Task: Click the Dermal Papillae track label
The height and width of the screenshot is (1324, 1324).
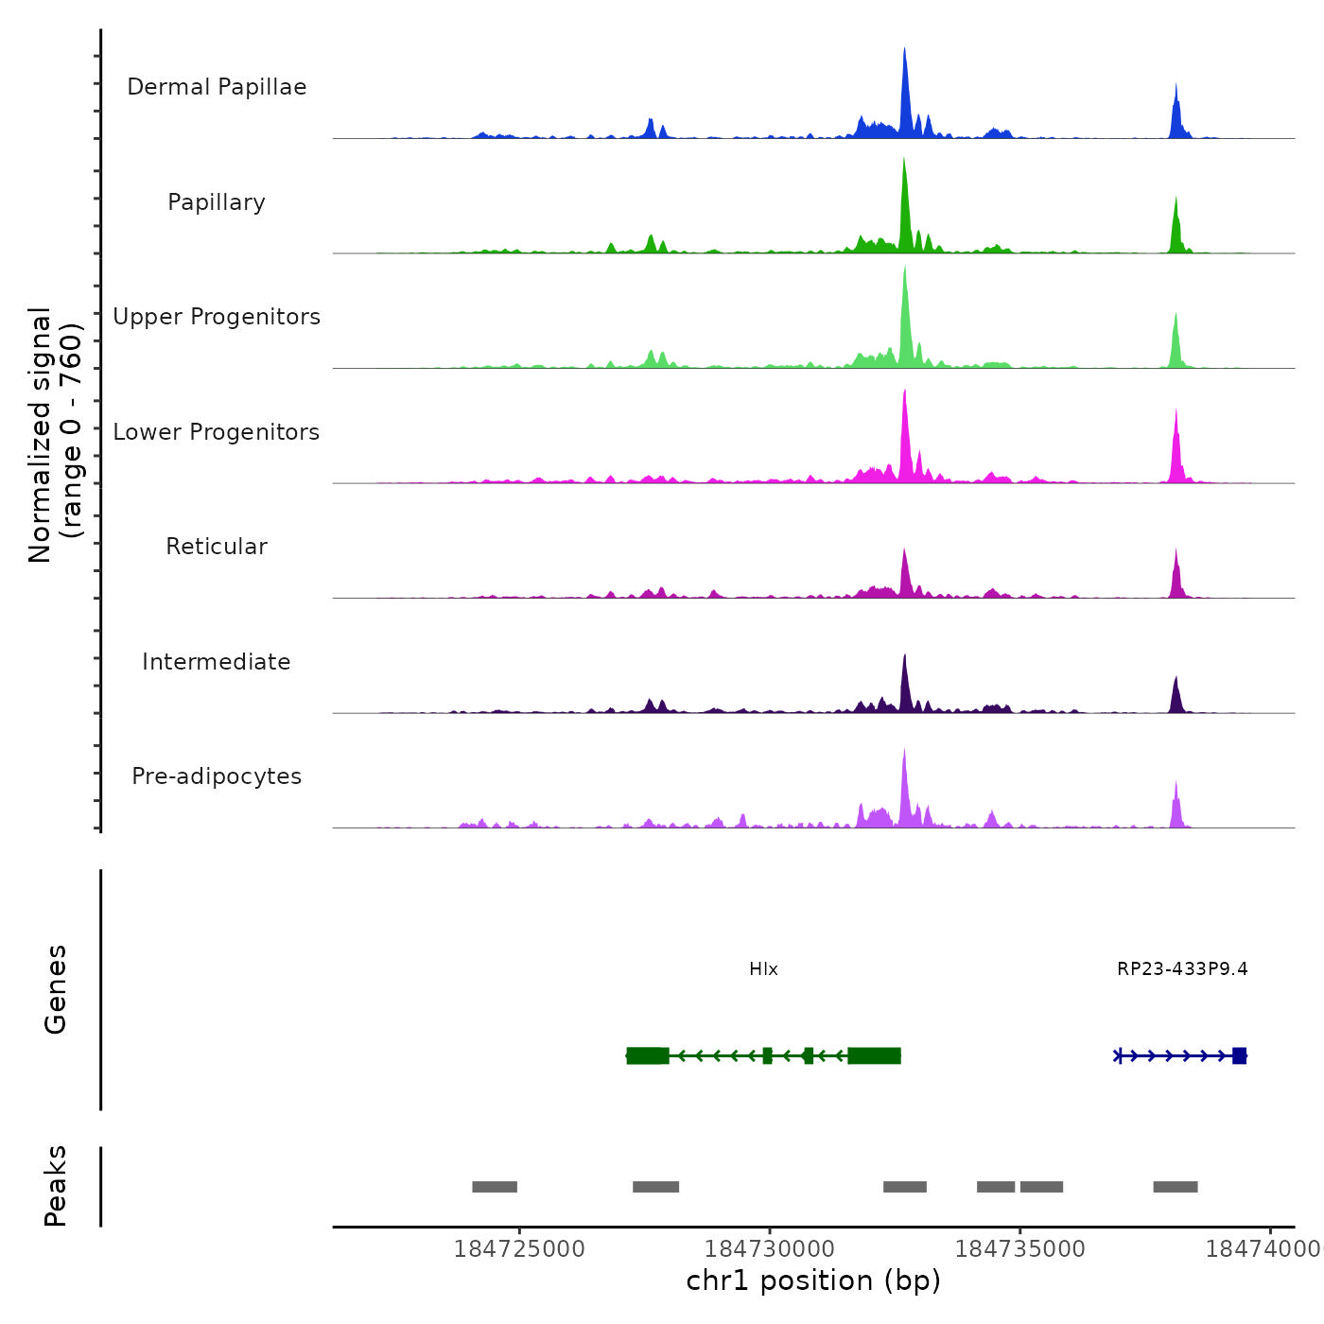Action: (x=217, y=87)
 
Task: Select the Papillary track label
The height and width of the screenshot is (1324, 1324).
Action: (x=217, y=202)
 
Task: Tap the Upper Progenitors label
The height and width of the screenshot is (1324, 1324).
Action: (x=217, y=317)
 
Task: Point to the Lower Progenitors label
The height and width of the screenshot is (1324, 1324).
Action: (x=217, y=432)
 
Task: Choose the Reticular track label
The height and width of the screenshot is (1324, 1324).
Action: (x=217, y=547)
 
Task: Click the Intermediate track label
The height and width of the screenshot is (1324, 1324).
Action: (x=217, y=662)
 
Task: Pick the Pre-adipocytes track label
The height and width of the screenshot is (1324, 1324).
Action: (x=217, y=776)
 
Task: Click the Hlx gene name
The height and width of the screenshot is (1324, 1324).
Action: (x=763, y=969)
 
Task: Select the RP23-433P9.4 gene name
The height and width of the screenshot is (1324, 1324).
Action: (x=1182, y=969)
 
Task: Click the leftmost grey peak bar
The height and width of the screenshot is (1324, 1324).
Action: (x=495, y=1187)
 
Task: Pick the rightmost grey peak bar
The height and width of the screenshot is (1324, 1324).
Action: (x=1176, y=1187)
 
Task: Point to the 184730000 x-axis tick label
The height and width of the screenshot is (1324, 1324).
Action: (x=770, y=1249)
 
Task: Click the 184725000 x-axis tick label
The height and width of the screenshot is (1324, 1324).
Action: (x=519, y=1249)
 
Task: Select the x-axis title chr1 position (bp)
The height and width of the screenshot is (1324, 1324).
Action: (x=813, y=1280)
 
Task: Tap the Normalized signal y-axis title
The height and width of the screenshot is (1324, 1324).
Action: (x=55, y=435)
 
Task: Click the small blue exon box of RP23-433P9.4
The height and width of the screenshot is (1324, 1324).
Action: (x=1239, y=1055)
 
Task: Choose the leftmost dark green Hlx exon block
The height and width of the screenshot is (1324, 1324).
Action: (x=648, y=1055)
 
